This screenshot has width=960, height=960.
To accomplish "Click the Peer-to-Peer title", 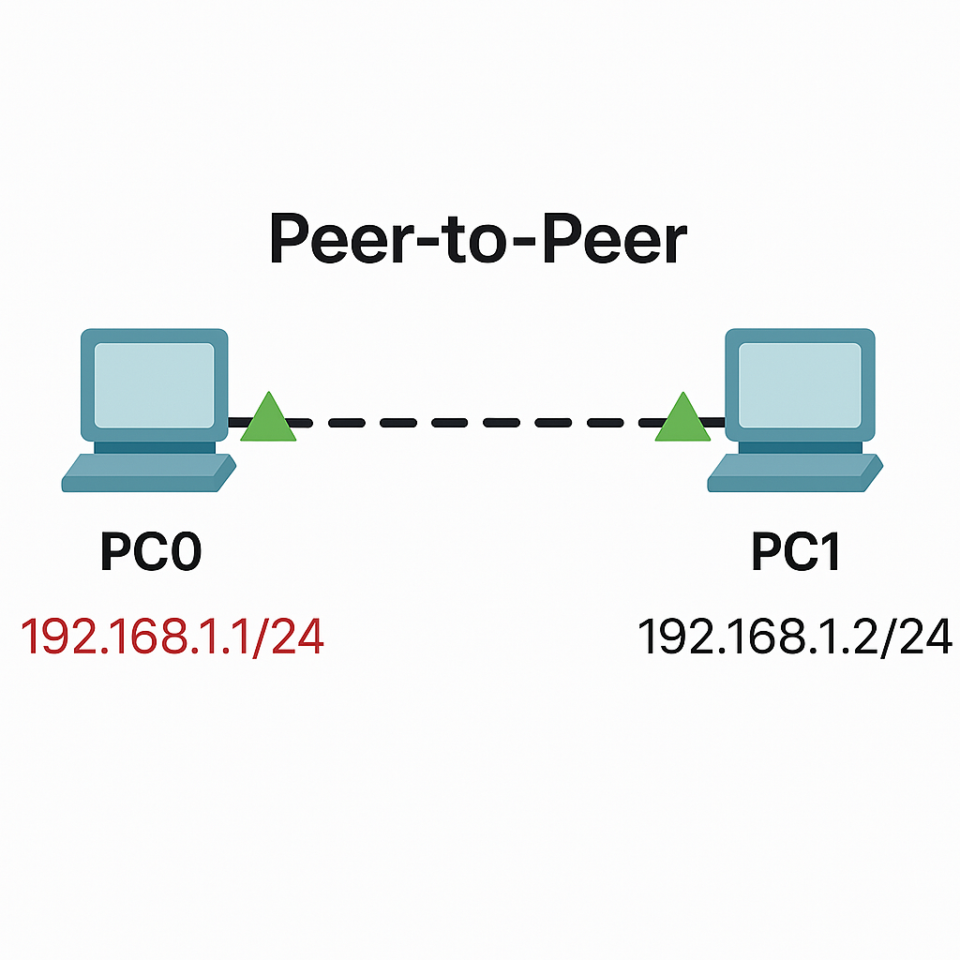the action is click(x=478, y=239).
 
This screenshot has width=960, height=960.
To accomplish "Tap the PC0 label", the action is click(x=151, y=552).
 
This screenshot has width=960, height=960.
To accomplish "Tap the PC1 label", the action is click(x=795, y=552).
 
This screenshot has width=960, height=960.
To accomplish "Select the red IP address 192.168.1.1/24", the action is click(x=172, y=637).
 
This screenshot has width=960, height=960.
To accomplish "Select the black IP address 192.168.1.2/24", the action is click(x=795, y=637).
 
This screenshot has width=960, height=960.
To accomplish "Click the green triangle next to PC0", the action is click(x=268, y=416).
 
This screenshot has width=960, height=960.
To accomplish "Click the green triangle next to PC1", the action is click(x=682, y=416).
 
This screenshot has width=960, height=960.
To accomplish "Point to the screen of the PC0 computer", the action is click(x=155, y=385).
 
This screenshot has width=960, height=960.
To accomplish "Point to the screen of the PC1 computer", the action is click(x=800, y=385).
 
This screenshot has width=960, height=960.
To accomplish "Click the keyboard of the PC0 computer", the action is click(x=149, y=472).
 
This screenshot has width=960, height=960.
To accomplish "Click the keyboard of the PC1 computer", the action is click(x=795, y=472).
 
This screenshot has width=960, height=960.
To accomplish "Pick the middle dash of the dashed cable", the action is click(x=502, y=423).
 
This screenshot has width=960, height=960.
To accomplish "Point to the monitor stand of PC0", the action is click(x=155, y=447).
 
